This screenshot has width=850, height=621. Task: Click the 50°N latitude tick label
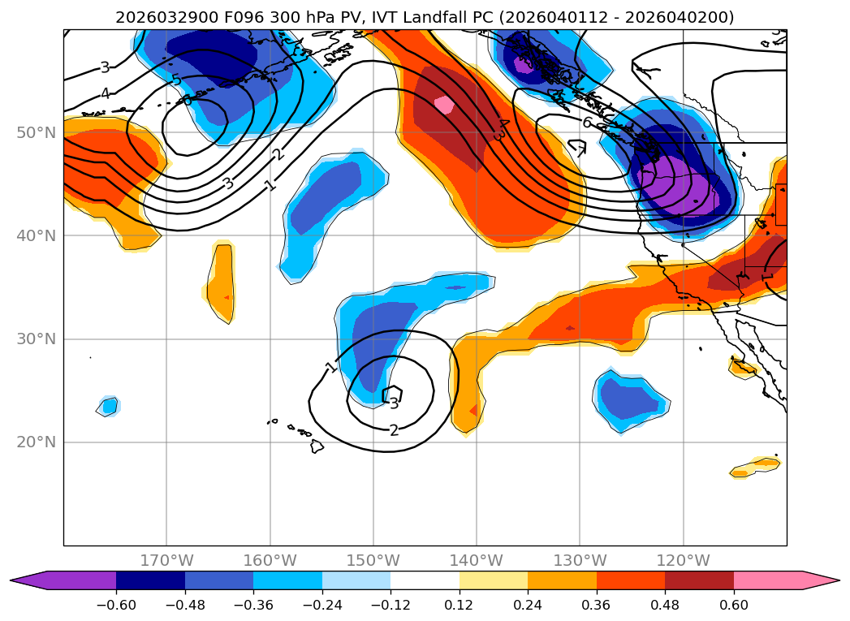coord(36,132)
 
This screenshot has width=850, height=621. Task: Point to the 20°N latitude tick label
coord(36,442)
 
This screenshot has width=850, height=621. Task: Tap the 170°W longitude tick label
coord(166,560)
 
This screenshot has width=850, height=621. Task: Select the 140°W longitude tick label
coord(477,560)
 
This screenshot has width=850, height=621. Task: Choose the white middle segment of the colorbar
coord(425,580)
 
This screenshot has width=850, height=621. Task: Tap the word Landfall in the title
coord(460,17)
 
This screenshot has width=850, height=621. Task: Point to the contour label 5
coord(176,80)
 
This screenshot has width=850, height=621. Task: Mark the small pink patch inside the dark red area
coord(443,105)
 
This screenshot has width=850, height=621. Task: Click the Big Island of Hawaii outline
coord(317,446)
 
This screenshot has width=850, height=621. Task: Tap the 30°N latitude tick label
coord(36,339)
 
